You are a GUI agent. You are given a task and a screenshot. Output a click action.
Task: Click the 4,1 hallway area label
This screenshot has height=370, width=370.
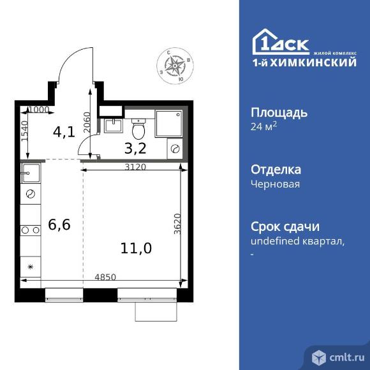pyautogui.click(x=64, y=133)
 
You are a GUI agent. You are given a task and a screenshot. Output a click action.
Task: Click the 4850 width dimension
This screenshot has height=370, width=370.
pyautogui.click(x=105, y=276)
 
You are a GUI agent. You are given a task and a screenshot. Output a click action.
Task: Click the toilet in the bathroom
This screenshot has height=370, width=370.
pyautogui.click(x=140, y=128)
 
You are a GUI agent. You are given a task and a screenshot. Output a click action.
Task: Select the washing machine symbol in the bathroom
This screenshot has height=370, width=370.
pyautogui.click(x=174, y=148)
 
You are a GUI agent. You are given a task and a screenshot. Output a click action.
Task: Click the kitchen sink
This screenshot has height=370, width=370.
pyautogui.click(x=31, y=172)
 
